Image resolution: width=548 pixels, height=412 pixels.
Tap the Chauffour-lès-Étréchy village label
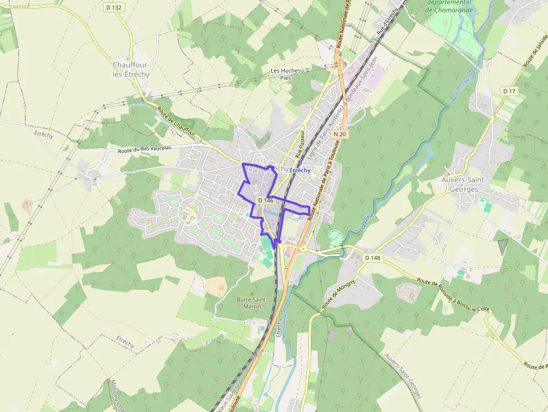tap(131, 69)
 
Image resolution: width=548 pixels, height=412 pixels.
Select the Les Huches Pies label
tap(285, 74)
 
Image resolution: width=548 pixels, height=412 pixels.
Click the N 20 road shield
tap(340, 134)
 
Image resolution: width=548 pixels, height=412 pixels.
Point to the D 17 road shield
tap(509, 91)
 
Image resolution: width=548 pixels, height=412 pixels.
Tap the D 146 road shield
tap(265, 200)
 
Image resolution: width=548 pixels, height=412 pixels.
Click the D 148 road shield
tap(372, 258)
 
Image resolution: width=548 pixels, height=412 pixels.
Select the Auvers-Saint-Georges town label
tap(464, 184)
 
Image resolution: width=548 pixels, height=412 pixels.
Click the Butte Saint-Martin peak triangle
tap(252, 293)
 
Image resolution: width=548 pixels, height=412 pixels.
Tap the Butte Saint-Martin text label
tap(252, 303)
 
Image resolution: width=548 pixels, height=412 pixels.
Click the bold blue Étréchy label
tap(300, 170)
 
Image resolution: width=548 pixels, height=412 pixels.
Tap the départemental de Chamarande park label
tap(449, 6)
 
